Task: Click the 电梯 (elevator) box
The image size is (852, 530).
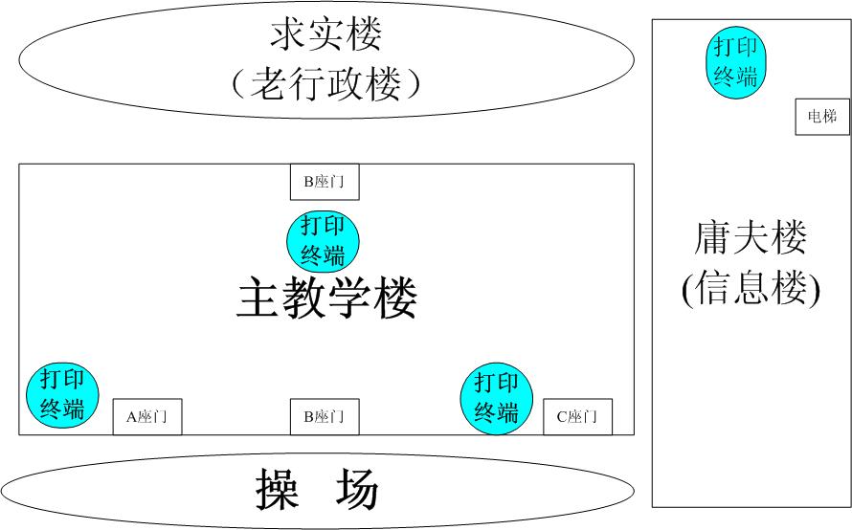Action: [x=822, y=117]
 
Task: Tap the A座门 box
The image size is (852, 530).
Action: [x=146, y=416]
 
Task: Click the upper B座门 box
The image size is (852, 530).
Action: [x=324, y=182]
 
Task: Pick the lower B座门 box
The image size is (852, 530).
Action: [x=324, y=416]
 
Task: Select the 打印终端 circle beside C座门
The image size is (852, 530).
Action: [x=497, y=398]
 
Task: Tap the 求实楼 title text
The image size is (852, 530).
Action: [x=326, y=35]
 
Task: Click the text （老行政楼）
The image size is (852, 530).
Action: [x=326, y=85]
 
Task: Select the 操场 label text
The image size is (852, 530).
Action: [x=318, y=491]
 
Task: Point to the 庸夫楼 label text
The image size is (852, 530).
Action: [x=751, y=238]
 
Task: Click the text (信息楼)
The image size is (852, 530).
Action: [x=751, y=289]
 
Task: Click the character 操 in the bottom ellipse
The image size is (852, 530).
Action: [x=278, y=491]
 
